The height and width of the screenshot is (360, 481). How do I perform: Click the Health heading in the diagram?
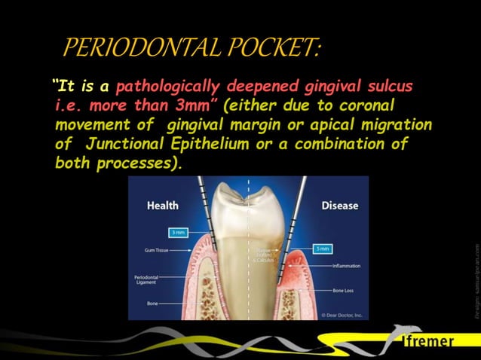pos(162,205)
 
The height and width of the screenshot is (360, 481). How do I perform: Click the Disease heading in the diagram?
pos(340,205)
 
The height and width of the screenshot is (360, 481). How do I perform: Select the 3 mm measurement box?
pos(179,233)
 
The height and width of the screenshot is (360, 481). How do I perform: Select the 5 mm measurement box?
pos(322,248)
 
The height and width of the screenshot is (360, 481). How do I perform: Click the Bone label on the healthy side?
pos(152,304)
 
